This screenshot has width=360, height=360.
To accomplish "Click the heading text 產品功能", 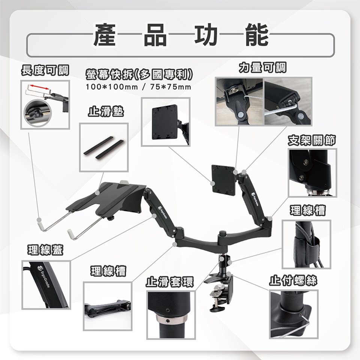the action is (x=181, y=35).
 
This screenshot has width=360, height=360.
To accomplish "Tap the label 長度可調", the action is (x=45, y=70).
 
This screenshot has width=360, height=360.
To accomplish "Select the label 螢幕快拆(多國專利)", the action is (x=139, y=74).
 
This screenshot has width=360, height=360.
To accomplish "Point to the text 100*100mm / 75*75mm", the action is (x=138, y=87).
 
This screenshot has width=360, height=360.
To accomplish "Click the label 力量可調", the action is (x=262, y=67).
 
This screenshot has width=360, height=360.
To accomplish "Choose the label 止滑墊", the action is (x=106, y=111).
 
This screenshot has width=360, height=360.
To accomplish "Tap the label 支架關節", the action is (x=312, y=140).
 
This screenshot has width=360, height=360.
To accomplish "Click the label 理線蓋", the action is (x=45, y=250).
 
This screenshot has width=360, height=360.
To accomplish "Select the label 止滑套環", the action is (x=170, y=282).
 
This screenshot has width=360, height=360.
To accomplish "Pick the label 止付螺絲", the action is (x=293, y=280).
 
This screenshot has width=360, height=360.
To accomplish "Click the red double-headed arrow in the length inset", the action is (x=40, y=87).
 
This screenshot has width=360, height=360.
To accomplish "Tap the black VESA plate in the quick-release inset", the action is (x=165, y=122).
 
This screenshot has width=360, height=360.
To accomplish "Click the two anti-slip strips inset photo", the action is (x=103, y=148).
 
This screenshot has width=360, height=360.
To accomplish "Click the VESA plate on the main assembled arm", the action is (x=223, y=181).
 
